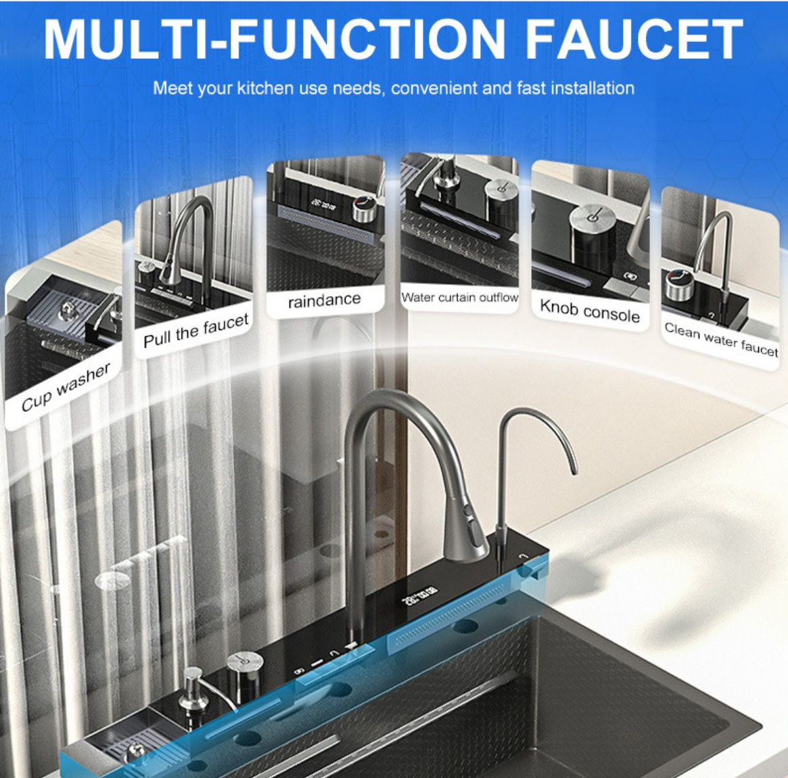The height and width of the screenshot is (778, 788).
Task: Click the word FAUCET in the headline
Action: point(634,39)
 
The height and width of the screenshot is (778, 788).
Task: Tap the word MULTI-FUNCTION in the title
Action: point(274,39)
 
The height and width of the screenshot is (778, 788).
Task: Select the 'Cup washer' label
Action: point(66,388)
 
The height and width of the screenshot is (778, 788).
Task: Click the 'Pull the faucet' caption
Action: point(196,330)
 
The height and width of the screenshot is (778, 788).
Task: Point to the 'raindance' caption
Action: point(324,300)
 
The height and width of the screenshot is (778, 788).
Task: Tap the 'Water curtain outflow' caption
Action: point(459,298)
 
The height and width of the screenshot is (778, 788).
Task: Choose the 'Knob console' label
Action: point(590,311)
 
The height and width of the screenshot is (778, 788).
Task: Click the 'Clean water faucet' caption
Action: point(721,339)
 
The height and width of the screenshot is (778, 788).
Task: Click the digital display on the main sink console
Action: point(419,595)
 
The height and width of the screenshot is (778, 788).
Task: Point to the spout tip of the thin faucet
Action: point(574,470)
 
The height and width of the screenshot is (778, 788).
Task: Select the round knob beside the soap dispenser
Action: point(244,671)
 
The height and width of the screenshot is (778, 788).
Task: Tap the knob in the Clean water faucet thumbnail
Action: point(679,284)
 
